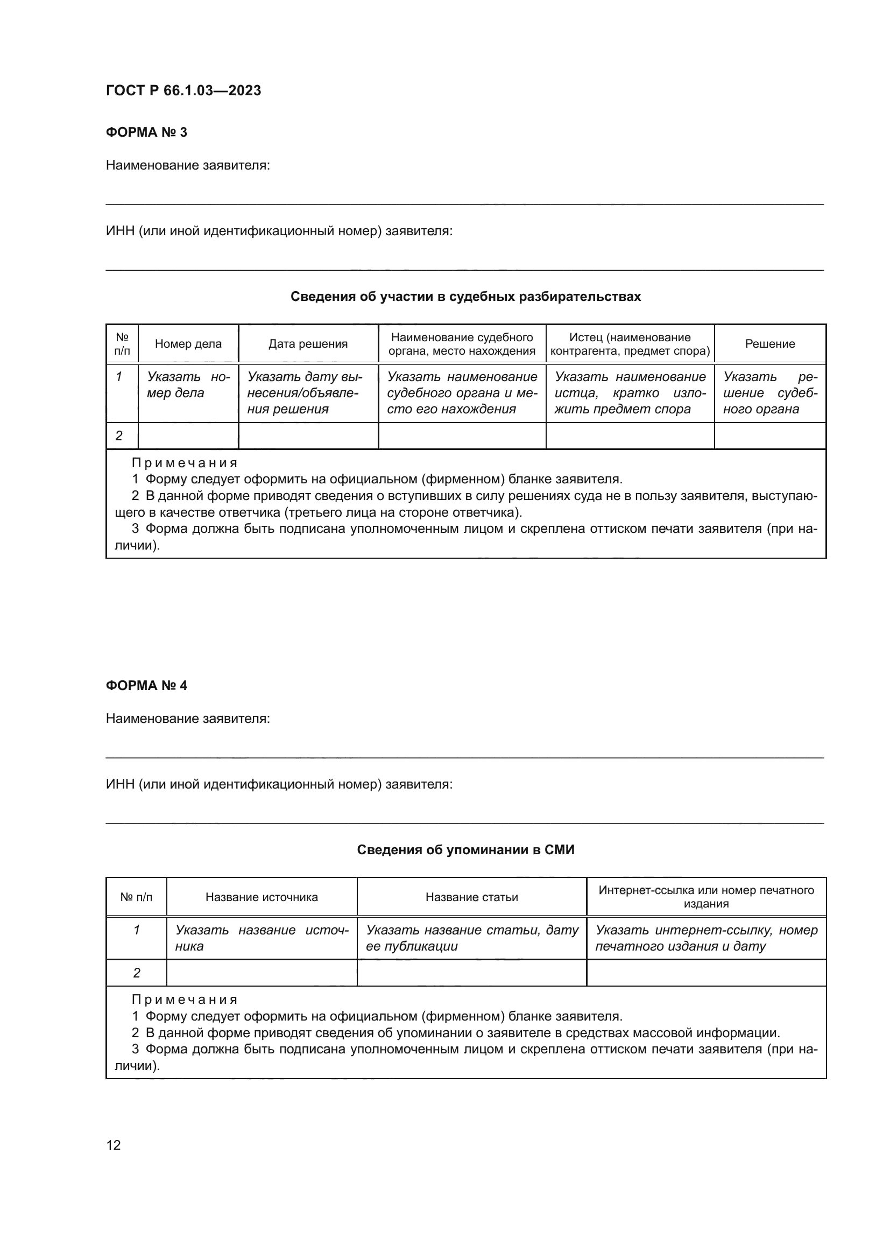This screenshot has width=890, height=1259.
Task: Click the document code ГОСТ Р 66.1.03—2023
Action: tap(183, 90)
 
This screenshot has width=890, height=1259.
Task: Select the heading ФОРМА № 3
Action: tap(146, 132)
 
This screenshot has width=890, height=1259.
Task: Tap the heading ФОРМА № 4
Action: tap(146, 685)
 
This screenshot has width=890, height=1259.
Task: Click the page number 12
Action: tap(114, 1145)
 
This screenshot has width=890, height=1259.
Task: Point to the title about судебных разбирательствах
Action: tap(465, 297)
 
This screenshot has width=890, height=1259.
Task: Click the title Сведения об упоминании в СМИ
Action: tap(465, 850)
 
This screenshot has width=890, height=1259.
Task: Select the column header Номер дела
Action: tap(188, 344)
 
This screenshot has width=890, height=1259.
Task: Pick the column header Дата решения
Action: tap(308, 344)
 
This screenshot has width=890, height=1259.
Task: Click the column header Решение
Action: tap(770, 344)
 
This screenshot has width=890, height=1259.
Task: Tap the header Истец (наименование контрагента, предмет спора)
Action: tap(630, 344)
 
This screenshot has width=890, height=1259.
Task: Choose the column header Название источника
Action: tap(262, 897)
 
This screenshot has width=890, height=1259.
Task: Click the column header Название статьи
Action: tap(471, 897)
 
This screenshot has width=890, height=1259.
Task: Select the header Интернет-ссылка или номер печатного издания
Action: tap(706, 897)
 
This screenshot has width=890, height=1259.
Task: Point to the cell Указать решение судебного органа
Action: tap(770, 392)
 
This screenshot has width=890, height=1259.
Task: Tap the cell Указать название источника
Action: tap(262, 938)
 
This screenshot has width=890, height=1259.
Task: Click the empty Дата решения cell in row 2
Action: tap(308, 436)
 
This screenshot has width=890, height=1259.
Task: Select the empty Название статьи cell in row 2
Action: tap(471, 973)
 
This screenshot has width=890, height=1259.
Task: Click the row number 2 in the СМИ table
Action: tap(137, 973)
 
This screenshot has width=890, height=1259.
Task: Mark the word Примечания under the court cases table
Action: tap(185, 463)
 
